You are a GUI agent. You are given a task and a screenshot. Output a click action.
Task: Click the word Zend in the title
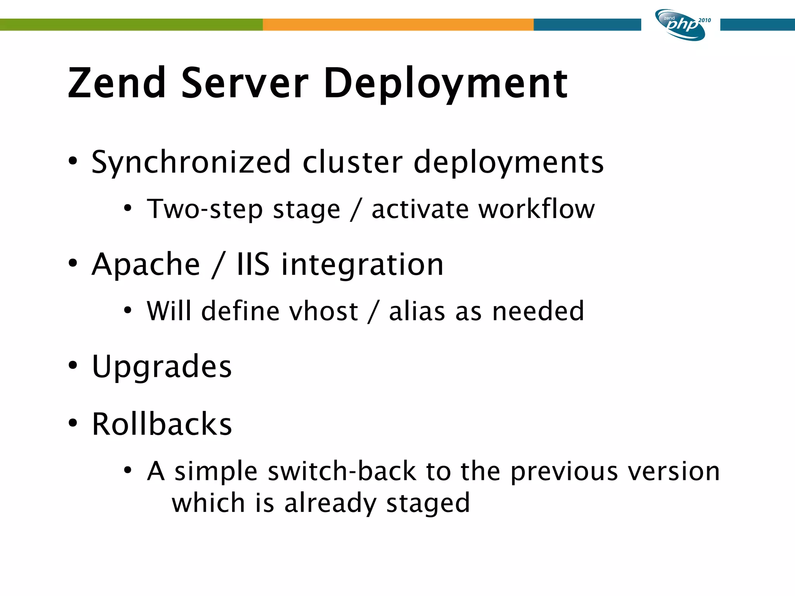click(x=117, y=83)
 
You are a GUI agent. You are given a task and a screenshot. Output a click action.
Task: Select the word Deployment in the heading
click(x=446, y=83)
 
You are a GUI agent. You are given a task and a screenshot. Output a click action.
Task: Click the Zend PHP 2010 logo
click(x=681, y=25)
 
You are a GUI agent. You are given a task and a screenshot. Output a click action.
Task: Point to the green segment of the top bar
click(x=131, y=24)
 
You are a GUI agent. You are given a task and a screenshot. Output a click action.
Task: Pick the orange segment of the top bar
click(x=398, y=24)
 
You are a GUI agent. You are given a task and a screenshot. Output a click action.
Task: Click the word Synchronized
click(x=191, y=162)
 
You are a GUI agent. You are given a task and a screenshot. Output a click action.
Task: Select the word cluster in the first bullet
click(x=352, y=162)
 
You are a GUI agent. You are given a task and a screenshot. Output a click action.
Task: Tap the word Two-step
click(x=205, y=210)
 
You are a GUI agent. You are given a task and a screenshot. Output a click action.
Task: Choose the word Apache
click(x=146, y=265)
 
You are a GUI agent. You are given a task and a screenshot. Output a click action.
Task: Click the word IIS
click(x=253, y=265)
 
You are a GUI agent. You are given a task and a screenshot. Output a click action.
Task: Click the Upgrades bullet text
click(x=162, y=367)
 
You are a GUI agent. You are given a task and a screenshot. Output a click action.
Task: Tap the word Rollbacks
click(x=162, y=424)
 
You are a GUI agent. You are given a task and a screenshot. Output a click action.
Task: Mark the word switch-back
click(x=342, y=471)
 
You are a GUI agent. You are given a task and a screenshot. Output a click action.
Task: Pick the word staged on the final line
click(x=428, y=504)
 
